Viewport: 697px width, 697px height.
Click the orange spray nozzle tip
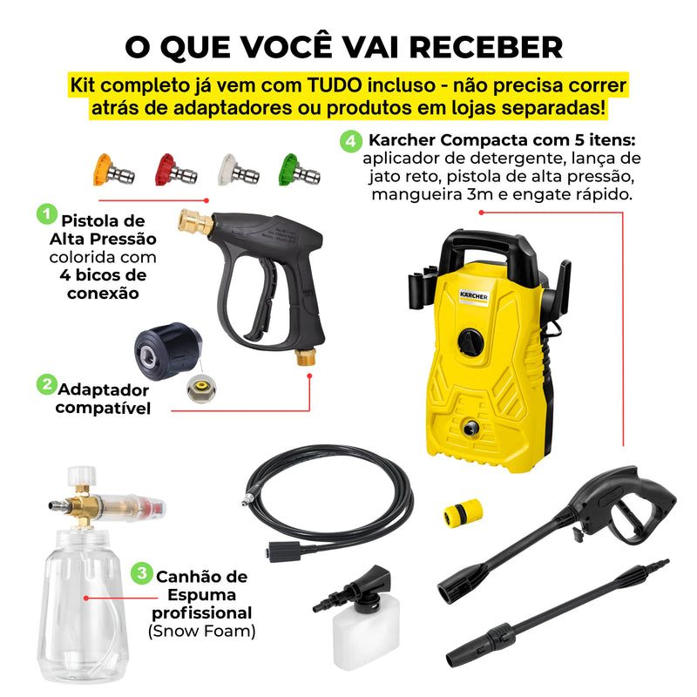point(113,170)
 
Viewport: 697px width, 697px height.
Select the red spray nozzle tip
point(176,170)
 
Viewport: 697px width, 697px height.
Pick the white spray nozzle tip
point(238,170)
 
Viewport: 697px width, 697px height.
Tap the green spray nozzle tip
point(299,170)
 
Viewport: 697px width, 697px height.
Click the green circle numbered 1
point(47,214)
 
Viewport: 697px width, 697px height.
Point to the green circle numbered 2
point(47,384)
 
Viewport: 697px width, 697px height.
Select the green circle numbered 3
point(141,573)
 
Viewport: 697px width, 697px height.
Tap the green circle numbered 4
point(351,141)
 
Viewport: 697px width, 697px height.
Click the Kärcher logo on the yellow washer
point(474,296)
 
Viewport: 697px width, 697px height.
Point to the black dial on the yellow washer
point(470,342)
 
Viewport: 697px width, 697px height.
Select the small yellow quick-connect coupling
point(463,512)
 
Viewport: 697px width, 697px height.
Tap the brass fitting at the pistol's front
point(195,221)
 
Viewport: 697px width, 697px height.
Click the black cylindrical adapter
point(168,351)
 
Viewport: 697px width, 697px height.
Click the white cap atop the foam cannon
point(82,476)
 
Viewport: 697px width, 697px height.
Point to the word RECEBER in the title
point(486,47)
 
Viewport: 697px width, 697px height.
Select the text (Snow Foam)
point(202,632)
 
